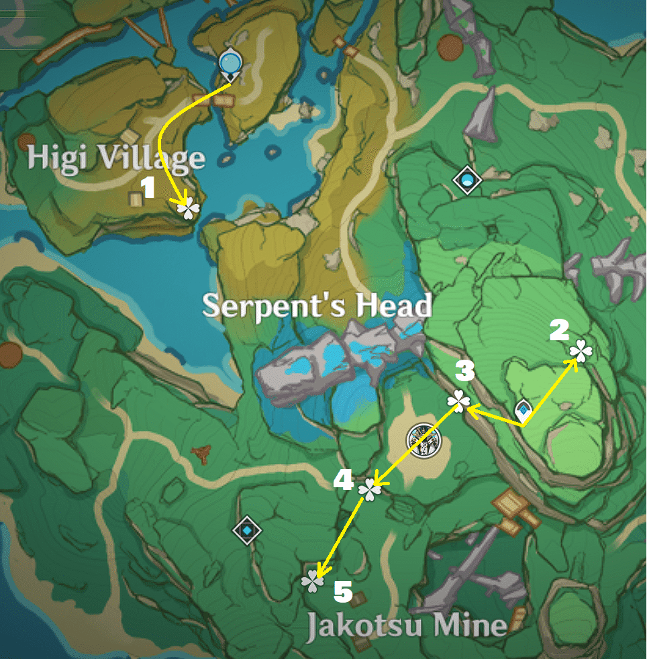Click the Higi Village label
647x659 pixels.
pyautogui.click(x=116, y=158)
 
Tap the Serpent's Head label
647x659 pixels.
pyautogui.click(x=317, y=306)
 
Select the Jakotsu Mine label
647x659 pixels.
pyautogui.click(x=407, y=625)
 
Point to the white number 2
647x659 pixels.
pyautogui.click(x=559, y=329)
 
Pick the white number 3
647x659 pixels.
pyautogui.click(x=464, y=370)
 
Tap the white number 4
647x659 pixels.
pyautogui.click(x=343, y=479)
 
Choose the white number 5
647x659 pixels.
pyautogui.click(x=343, y=592)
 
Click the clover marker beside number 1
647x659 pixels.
pyautogui.click(x=189, y=209)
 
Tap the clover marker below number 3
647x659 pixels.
pyautogui.click(x=459, y=401)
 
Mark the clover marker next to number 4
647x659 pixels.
pyautogui.click(x=369, y=490)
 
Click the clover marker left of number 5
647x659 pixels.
pyautogui.click(x=313, y=581)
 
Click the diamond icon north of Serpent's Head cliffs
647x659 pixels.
pyautogui.click(x=467, y=180)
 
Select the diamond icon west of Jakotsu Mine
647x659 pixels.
pyautogui.click(x=247, y=531)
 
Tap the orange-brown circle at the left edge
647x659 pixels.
pyautogui.click(x=9, y=354)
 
